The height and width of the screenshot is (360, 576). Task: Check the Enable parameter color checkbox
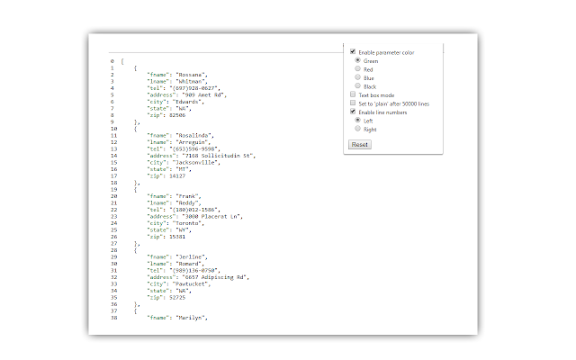pos(353,52)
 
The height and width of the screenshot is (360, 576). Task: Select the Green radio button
pos(358,60)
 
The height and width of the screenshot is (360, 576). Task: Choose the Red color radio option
pos(358,68)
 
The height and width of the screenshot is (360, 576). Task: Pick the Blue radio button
pos(358,77)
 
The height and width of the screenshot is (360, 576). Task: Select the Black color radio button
pos(358,85)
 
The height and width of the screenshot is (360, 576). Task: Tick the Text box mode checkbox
pos(353,94)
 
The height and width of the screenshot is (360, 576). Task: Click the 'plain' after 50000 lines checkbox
pos(353,103)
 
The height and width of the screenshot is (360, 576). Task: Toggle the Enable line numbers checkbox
pos(353,111)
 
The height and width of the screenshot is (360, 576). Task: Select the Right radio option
pos(358,128)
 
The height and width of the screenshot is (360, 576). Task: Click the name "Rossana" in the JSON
pos(191,74)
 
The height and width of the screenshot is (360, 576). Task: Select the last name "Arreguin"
pos(194,141)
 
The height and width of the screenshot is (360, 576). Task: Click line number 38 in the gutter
pos(112,318)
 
